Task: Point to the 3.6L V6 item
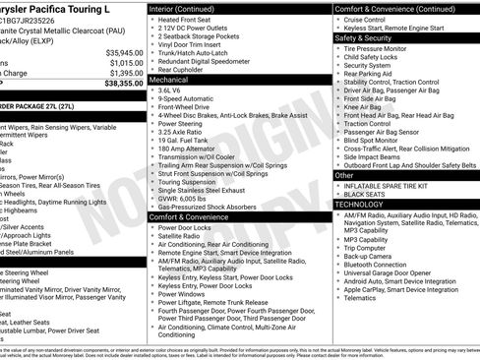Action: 174,90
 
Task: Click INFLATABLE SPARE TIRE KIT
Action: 386,185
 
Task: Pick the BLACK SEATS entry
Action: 365,194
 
